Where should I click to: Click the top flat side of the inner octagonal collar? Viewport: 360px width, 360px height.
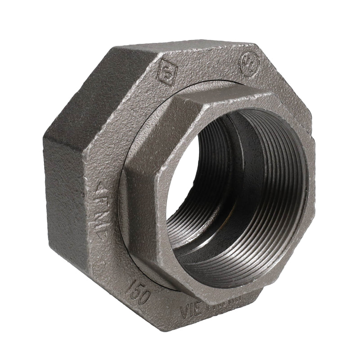click(225, 101)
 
